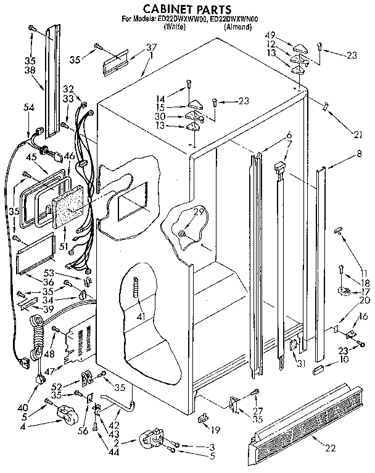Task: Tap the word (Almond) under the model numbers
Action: click(237, 28)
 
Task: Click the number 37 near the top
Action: click(150, 47)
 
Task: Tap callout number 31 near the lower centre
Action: click(302, 363)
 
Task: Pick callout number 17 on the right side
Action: click(364, 292)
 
